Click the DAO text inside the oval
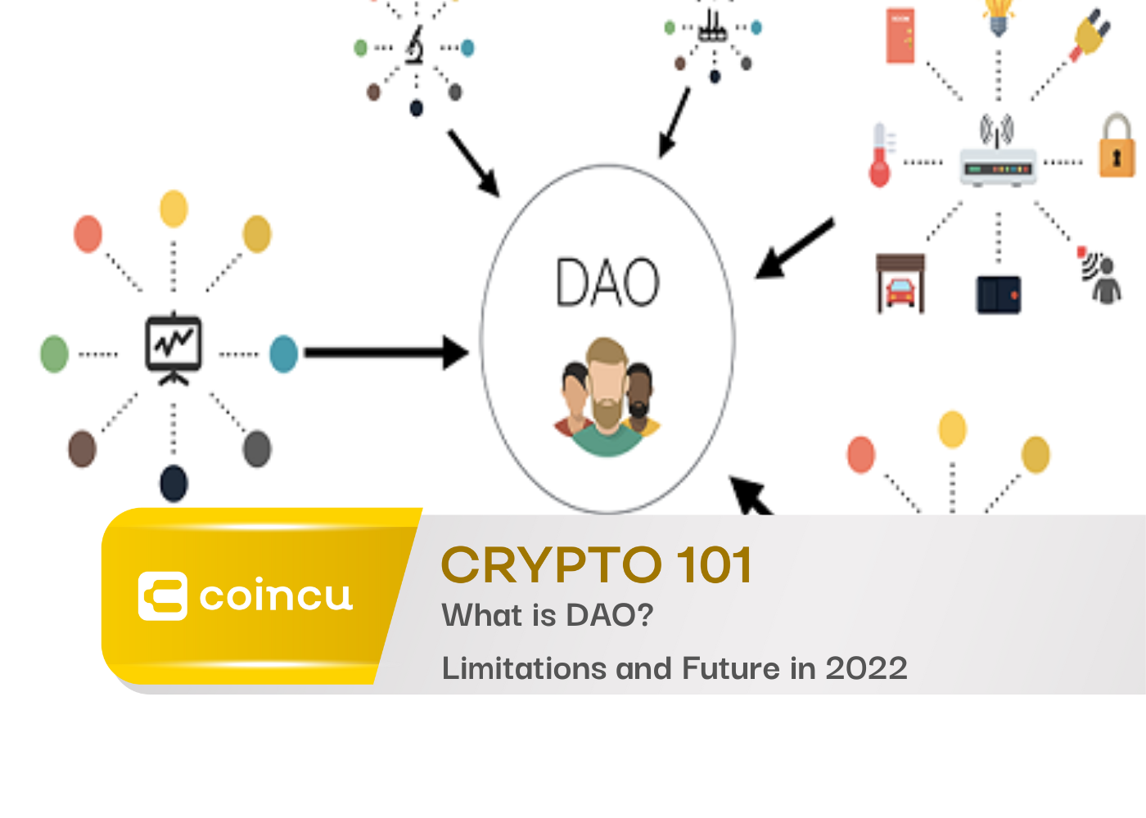click(x=607, y=281)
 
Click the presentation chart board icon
click(x=174, y=348)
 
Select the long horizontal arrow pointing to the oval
click(x=386, y=353)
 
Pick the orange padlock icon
click(x=1117, y=146)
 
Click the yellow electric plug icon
click(x=1090, y=34)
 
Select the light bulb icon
click(x=998, y=17)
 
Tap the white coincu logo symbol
click(x=163, y=596)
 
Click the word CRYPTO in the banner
click(x=552, y=565)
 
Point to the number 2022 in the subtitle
click(x=867, y=668)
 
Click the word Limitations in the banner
click(x=525, y=667)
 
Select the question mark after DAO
click(x=646, y=614)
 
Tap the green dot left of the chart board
click(x=54, y=353)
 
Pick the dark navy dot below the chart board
click(x=174, y=483)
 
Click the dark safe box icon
click(x=998, y=295)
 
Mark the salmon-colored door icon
click(x=900, y=35)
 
